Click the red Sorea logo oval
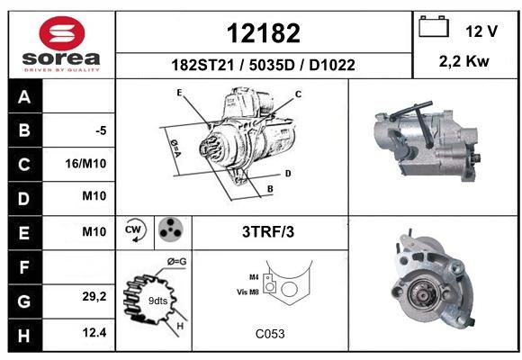pos(62,33)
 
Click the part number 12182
pos(264,33)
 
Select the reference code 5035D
pos(272,65)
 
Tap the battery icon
pos(434,26)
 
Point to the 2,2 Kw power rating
pos(464,61)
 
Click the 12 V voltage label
pos(481,31)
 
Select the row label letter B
pos(24,130)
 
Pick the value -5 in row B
pos(101,130)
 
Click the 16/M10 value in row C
pos(85,164)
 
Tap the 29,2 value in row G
pos(94,296)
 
